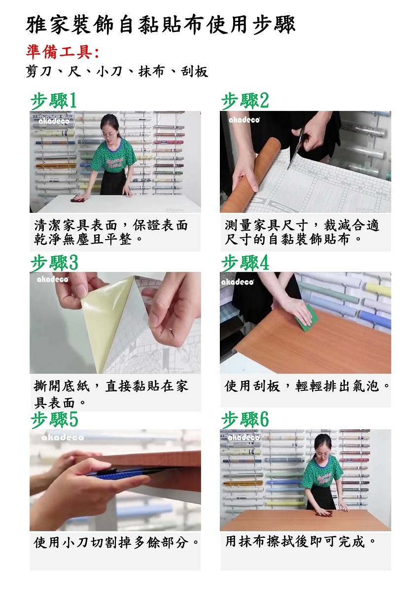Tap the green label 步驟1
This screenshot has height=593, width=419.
click(x=54, y=101)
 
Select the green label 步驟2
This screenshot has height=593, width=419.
click(x=245, y=101)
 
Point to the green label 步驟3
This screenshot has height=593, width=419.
click(x=54, y=263)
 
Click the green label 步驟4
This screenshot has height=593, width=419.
click(x=245, y=263)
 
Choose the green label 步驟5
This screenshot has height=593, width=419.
click(x=54, y=419)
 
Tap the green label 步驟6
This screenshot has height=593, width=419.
click(x=245, y=419)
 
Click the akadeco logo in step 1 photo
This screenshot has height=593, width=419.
click(x=54, y=121)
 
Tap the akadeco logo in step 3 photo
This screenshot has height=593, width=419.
click(x=53, y=279)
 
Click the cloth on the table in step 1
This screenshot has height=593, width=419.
click(x=77, y=199)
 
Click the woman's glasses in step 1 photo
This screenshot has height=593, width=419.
click(x=107, y=135)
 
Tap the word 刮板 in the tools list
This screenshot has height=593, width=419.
click(x=194, y=71)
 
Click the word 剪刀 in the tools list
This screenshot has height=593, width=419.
click(x=38, y=71)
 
